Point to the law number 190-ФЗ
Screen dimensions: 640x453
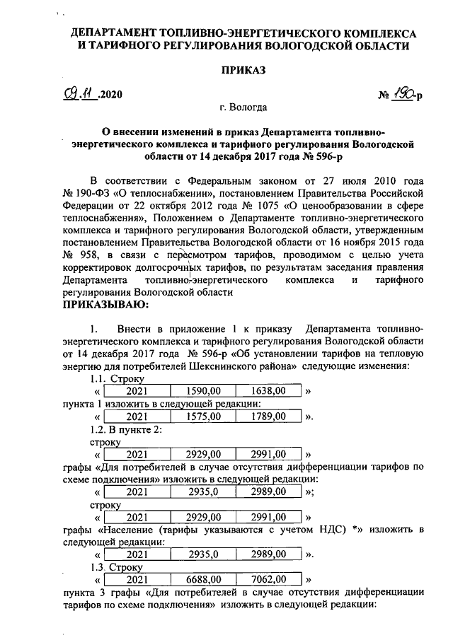[94, 192]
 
